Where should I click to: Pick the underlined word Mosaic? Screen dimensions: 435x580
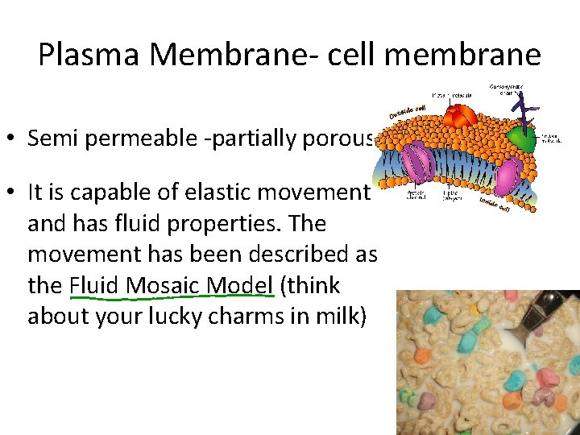tap(161, 286)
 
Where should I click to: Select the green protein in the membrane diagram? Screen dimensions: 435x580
tap(521, 139)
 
